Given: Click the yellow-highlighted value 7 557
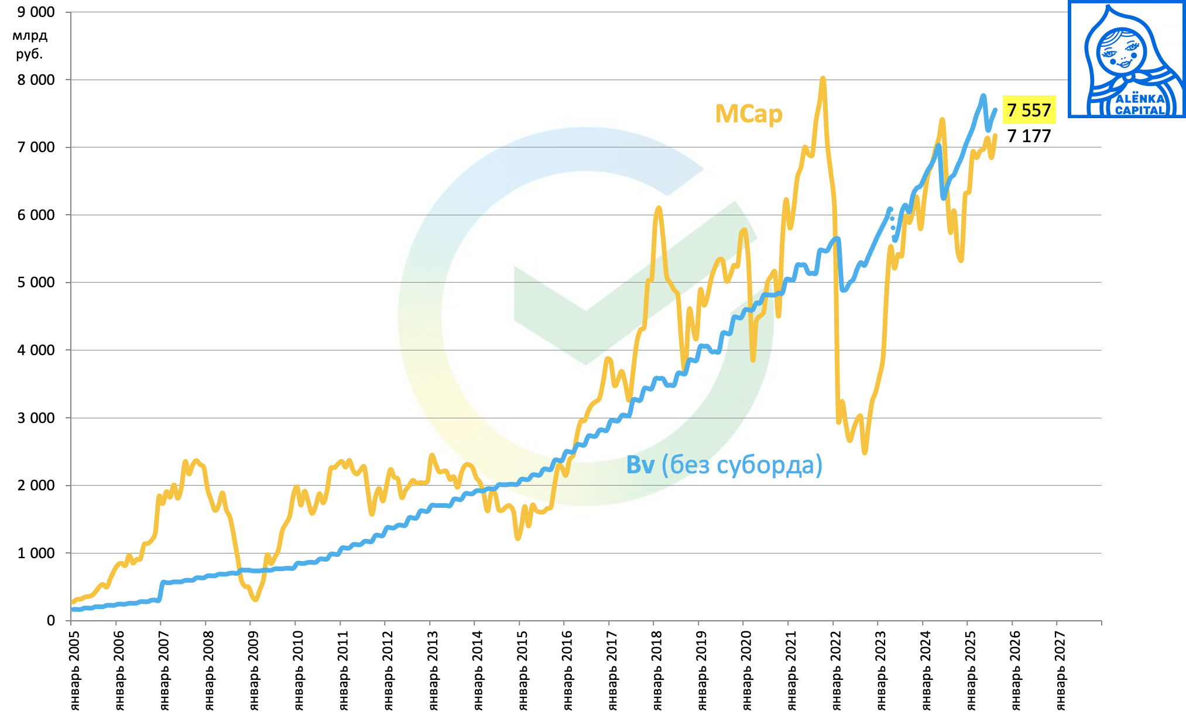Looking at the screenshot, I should [x=1029, y=110].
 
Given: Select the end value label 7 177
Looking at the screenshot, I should [x=1029, y=136].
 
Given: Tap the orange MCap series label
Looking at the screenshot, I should [x=748, y=114].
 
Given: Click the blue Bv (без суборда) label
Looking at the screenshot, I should [x=724, y=465].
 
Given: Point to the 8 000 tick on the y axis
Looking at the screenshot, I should [x=36, y=80].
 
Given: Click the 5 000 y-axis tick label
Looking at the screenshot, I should [x=36, y=283].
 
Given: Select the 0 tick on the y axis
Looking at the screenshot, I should [x=51, y=620].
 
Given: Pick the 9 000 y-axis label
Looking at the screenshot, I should [x=36, y=12].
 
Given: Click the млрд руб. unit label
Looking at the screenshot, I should [x=30, y=44].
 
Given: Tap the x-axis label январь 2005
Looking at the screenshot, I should [x=75, y=670].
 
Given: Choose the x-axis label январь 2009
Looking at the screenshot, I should [x=254, y=670].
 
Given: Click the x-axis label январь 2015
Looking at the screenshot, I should [x=523, y=670].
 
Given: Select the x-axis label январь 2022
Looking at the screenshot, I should [x=837, y=670].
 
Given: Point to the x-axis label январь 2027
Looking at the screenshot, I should [x=1060, y=670].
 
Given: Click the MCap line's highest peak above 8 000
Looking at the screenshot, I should [x=822, y=78].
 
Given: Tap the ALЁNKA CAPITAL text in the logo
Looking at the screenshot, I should [x=1139, y=105].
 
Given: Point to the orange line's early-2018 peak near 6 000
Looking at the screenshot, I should [x=659, y=208].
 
